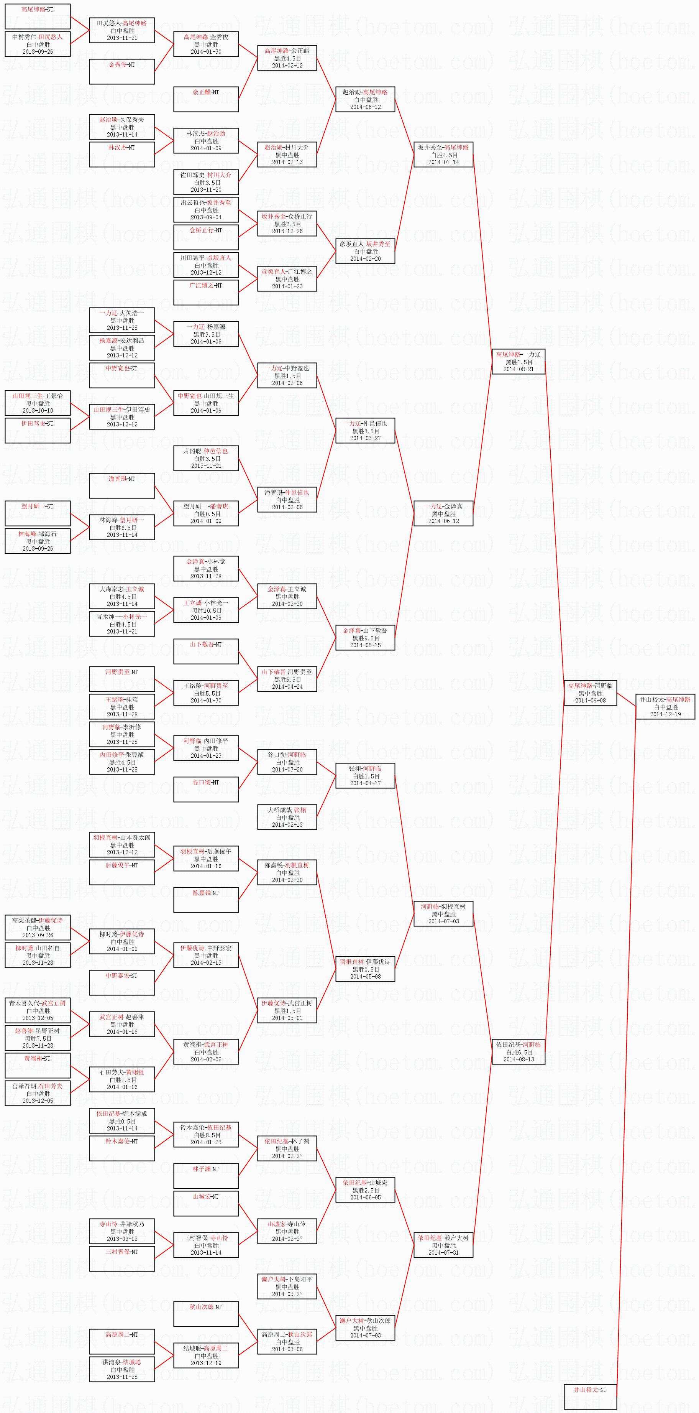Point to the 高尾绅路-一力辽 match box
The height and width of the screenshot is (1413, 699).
point(518,362)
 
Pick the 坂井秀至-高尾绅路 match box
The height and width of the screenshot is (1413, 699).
point(443,155)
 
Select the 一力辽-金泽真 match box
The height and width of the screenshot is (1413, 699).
point(443,513)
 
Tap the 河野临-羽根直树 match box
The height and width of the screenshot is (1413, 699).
point(443,914)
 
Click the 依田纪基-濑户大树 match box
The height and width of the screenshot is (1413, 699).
point(443,1245)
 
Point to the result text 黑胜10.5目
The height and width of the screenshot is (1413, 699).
point(206,610)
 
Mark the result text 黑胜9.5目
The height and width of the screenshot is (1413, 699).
point(365,638)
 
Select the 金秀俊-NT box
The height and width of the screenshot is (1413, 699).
point(122,71)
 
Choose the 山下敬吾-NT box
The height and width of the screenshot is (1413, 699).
point(206,651)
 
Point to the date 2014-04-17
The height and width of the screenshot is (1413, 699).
point(365,783)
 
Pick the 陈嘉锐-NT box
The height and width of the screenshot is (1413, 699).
point(206,900)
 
